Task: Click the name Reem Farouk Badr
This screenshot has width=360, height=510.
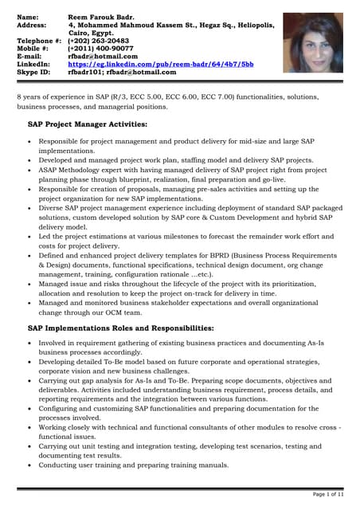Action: click(x=101, y=16)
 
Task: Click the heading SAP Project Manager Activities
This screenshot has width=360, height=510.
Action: click(x=87, y=124)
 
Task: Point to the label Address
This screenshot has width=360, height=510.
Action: click(x=32, y=24)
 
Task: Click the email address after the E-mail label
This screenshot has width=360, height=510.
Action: click(x=103, y=56)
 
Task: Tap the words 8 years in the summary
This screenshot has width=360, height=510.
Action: click(x=30, y=96)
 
